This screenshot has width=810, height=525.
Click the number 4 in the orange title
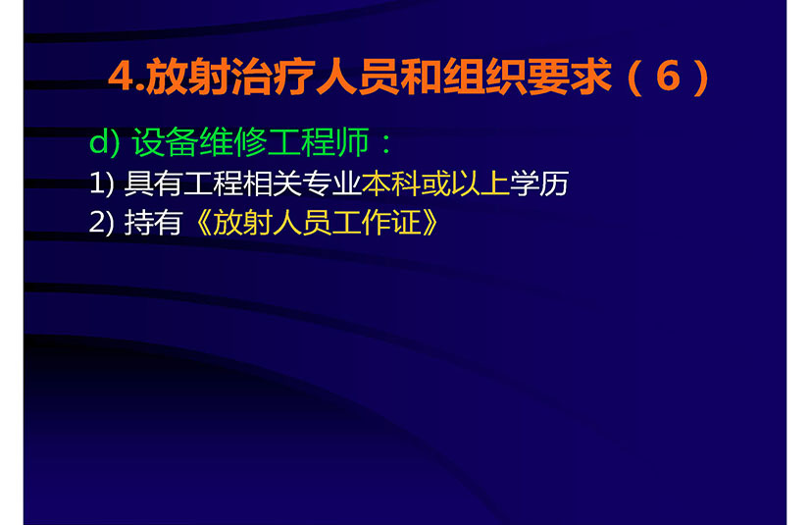[x=121, y=77]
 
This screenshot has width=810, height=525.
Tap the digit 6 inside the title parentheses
[x=668, y=77]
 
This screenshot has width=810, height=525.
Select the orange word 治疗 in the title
[x=274, y=77]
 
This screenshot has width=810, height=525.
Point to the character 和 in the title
[x=421, y=77]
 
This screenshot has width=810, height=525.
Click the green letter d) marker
[x=104, y=141]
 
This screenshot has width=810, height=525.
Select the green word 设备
[x=166, y=141]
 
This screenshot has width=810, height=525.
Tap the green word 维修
[x=233, y=141]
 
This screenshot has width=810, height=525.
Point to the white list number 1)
[x=101, y=184]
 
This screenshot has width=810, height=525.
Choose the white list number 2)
[x=101, y=223]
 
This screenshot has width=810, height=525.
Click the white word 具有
[x=153, y=184]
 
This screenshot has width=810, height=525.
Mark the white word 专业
[x=331, y=184]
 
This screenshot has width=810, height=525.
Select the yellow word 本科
[x=391, y=184]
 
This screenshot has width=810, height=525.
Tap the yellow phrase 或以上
[x=466, y=184]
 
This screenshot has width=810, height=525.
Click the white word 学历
[x=539, y=184]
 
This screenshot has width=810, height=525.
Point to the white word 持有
[x=153, y=223]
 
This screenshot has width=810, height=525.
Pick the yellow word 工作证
[x=377, y=223]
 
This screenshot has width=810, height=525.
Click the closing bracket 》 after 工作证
[x=430, y=223]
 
